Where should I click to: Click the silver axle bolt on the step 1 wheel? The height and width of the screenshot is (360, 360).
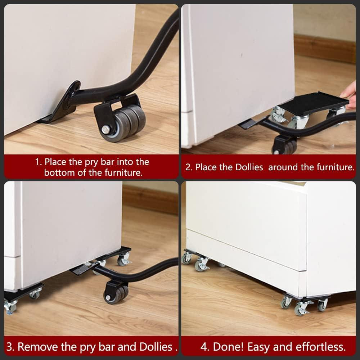[x=106, y=129]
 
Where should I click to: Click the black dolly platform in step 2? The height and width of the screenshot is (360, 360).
[x=313, y=103]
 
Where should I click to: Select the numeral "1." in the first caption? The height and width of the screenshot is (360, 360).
[x=39, y=162]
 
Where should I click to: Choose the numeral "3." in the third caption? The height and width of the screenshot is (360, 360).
[x=10, y=347]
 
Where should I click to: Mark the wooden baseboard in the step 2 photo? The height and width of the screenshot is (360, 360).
[x=325, y=49]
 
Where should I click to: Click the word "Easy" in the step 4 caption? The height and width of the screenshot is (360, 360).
[x=258, y=347]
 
